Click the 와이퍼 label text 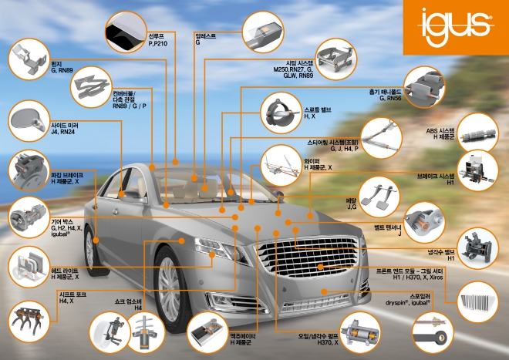pyautogui.click(x=312, y=160)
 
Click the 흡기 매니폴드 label pyautogui.click(x=384, y=93)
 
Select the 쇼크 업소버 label pyautogui.click(x=129, y=301)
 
